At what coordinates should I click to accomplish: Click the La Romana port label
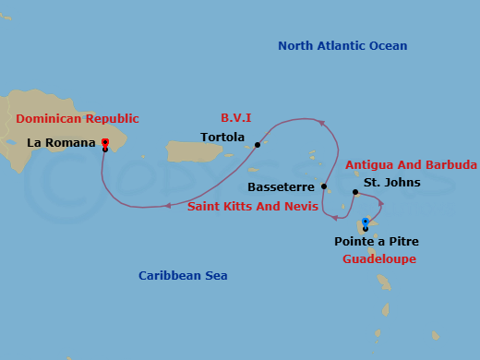coord(61,143)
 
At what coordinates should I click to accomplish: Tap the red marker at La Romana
coord(105,142)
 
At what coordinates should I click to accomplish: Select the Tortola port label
coord(222,138)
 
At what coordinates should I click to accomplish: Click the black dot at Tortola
coord(258,144)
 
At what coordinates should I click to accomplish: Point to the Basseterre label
coord(281,186)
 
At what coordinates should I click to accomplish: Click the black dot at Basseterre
coord(324,186)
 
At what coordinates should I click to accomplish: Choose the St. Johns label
coord(391,183)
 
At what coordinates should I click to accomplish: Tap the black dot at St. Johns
coord(355,192)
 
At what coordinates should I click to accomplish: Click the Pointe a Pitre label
coord(377,242)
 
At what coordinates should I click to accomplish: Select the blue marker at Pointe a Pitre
coord(366,222)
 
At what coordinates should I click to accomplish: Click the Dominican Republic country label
coord(78,119)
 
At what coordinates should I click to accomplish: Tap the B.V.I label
coord(236,118)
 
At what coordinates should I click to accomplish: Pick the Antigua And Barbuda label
coord(411,165)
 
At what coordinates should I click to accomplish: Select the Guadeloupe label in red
coord(378,259)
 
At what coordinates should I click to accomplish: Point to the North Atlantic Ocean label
coord(342,46)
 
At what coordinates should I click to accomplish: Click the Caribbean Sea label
coord(183,276)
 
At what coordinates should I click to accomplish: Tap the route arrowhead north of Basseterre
coord(320,122)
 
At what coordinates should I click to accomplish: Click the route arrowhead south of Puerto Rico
coord(167,206)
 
